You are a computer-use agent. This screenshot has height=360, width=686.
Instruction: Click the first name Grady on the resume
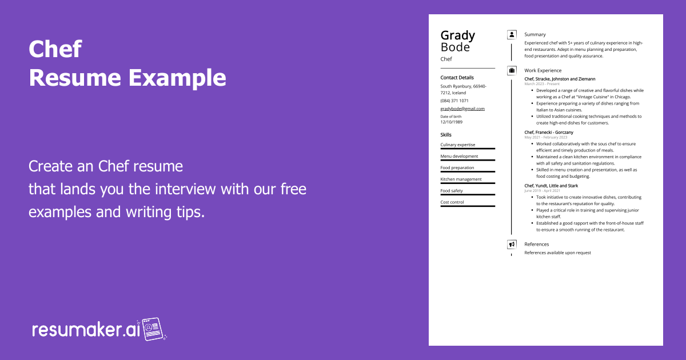click(x=457, y=35)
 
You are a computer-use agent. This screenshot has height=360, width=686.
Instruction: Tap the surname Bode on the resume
click(x=455, y=47)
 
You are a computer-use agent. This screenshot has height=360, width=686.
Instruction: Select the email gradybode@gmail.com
click(x=462, y=109)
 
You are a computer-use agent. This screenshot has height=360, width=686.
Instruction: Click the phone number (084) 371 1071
click(x=454, y=101)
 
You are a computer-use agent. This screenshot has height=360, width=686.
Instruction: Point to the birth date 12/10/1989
click(x=451, y=122)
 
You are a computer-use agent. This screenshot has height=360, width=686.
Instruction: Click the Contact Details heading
click(x=457, y=78)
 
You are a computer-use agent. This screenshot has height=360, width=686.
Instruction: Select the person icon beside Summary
click(x=512, y=34)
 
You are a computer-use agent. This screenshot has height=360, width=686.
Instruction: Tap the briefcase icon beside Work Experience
click(x=512, y=70)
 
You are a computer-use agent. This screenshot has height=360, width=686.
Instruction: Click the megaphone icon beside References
click(x=512, y=244)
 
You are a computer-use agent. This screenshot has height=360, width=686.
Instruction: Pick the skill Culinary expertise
click(x=457, y=145)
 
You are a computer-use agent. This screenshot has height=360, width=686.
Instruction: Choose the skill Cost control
click(x=452, y=202)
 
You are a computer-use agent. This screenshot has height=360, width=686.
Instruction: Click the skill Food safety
click(x=452, y=191)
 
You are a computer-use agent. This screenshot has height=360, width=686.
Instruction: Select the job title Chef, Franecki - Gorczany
click(x=549, y=133)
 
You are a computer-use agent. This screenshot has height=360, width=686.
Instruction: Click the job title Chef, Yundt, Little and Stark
click(x=551, y=186)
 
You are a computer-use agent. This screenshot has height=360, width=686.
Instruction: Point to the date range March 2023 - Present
click(x=542, y=84)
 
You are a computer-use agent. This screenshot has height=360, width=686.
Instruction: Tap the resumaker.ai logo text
click(x=86, y=330)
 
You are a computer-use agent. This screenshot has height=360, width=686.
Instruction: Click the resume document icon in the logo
click(x=154, y=329)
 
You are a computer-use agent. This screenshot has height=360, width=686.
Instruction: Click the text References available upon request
click(x=557, y=253)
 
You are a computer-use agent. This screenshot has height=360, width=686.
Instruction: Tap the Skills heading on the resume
click(x=446, y=135)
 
